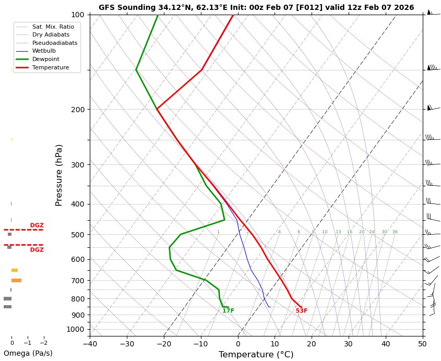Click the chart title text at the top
pos(256,7)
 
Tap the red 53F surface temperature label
pos(302,311)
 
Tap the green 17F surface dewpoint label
pos(228,311)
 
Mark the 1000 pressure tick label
pos(76,329)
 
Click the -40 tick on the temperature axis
pos(90,343)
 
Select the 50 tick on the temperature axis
pos(423,343)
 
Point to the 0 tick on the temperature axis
pos(238,343)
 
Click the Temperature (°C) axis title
pos(256,355)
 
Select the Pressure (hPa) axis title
pos(59,175)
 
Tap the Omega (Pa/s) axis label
pos(28,353)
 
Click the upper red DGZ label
pos(37,225)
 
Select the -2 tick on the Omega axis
pos(43,343)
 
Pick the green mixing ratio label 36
pos(395,232)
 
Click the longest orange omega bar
pos(16,281)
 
